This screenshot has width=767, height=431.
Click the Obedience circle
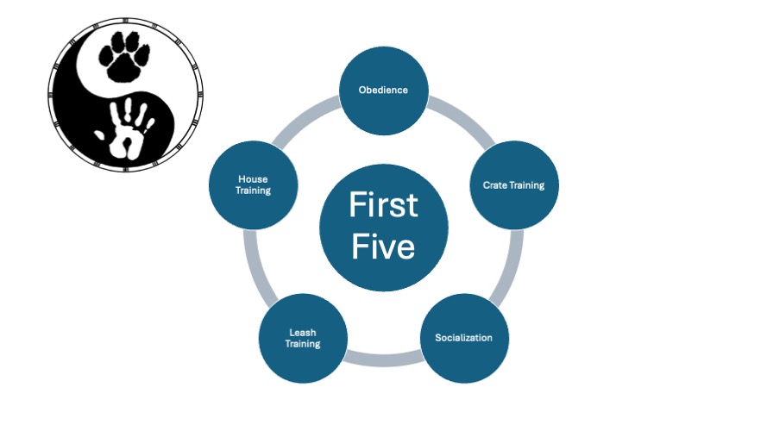click(383, 90)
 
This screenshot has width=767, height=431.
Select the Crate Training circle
click(513, 184)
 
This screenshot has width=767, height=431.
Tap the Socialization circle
click(463, 337)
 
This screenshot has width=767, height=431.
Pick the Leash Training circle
click(303, 337)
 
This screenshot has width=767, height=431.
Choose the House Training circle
click(254, 184)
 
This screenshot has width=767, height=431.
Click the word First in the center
click(383, 206)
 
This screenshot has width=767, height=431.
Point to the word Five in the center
click(383, 247)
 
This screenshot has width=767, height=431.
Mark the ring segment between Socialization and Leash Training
click(383, 357)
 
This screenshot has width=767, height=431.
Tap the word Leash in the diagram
click(303, 332)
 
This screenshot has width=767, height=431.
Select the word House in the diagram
click(254, 179)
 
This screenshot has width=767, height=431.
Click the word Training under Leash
click(303, 343)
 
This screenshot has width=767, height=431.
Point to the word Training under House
click(254, 191)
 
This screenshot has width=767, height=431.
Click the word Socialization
click(463, 337)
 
